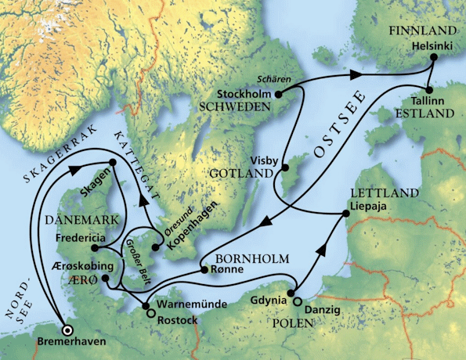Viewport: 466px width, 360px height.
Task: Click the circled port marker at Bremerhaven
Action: tap(67, 329)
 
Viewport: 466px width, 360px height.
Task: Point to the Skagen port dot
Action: tap(112, 163)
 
